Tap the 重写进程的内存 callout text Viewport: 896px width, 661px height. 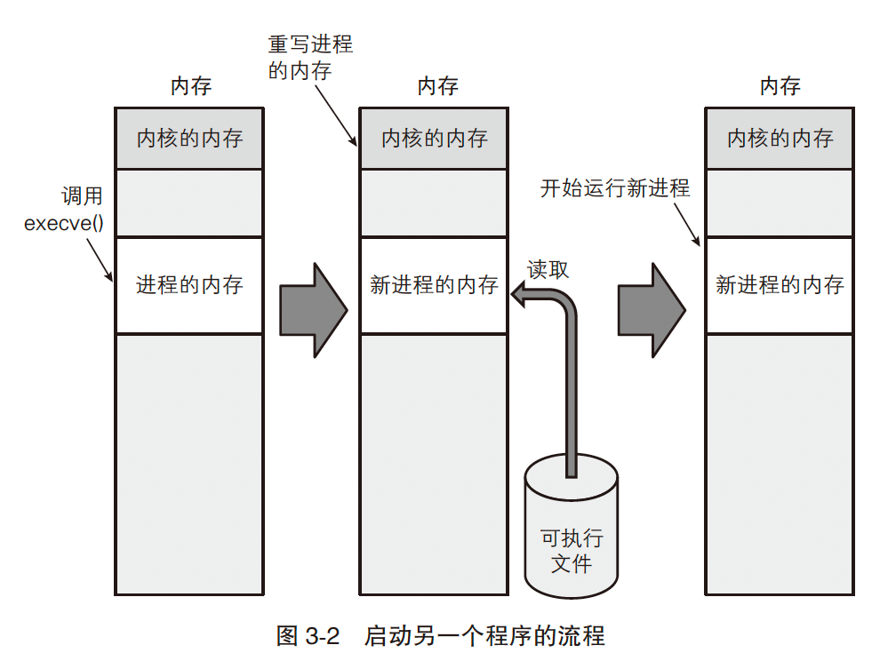point(310,57)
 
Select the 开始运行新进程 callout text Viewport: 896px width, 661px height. point(615,189)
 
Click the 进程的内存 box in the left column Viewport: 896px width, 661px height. point(189,285)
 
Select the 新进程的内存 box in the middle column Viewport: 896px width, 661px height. point(434,285)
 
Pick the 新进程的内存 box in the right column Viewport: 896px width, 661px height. point(780,285)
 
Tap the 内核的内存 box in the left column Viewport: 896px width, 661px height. point(189,138)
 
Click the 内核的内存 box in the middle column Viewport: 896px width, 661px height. point(434,138)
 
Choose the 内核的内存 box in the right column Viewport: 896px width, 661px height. point(780,138)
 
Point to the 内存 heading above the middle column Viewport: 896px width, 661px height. point(437,86)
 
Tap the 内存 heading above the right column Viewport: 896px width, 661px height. point(780,86)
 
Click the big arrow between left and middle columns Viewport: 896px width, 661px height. point(312,310)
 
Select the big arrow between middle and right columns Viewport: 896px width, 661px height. point(652,310)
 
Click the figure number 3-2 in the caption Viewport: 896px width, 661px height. point(323,636)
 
